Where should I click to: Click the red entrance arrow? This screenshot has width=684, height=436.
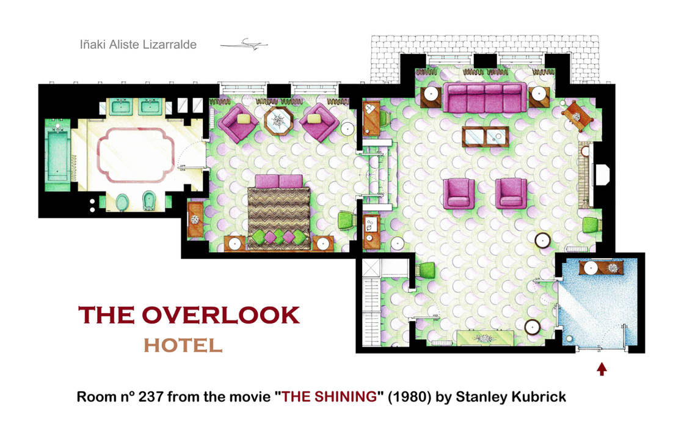(602, 369)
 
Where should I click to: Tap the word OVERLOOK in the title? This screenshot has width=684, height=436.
(220, 316)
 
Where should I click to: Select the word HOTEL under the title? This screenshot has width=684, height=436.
(183, 345)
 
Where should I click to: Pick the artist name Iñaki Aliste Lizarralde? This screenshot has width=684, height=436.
(138, 45)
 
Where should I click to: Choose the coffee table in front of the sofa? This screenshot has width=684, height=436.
(486, 136)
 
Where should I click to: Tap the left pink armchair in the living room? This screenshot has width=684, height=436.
(459, 193)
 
